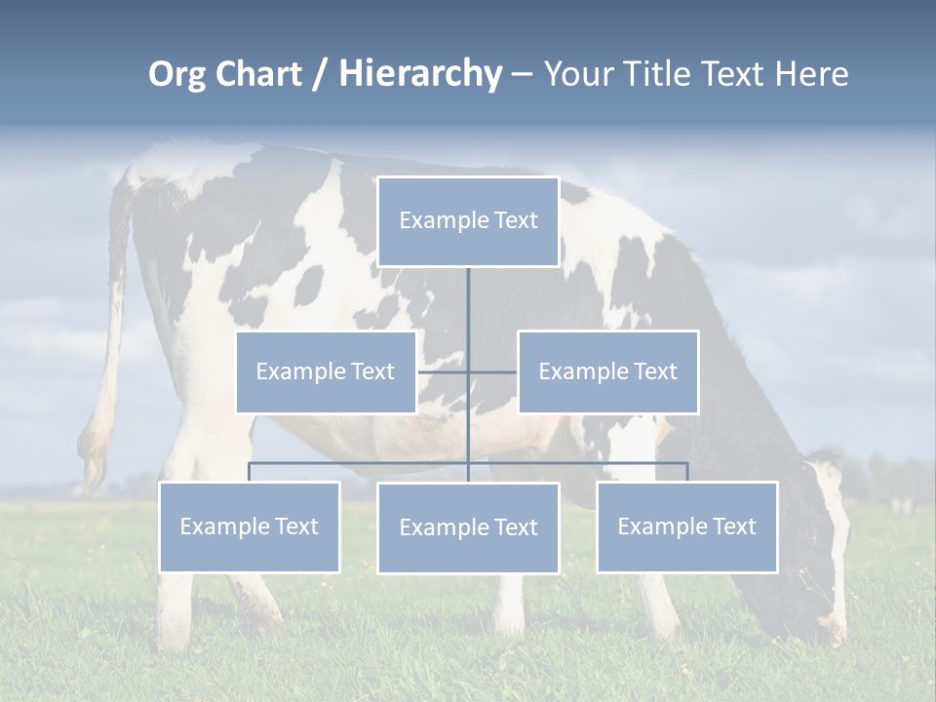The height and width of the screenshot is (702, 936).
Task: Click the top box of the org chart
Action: pos(468,221)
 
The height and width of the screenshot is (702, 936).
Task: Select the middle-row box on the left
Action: pos(326,371)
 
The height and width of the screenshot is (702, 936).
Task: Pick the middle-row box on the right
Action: pos(607,371)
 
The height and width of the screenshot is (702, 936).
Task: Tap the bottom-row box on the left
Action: pos(249,526)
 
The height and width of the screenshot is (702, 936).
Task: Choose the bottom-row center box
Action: pos(468,527)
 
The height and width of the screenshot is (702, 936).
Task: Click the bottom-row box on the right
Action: pos(686,526)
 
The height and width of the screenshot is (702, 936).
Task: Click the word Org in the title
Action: pos(176,74)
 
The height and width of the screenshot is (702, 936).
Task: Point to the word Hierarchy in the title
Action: pos(419,74)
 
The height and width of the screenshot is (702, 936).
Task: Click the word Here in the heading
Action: pos(811,74)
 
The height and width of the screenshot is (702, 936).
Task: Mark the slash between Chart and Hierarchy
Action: pos(320,75)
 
